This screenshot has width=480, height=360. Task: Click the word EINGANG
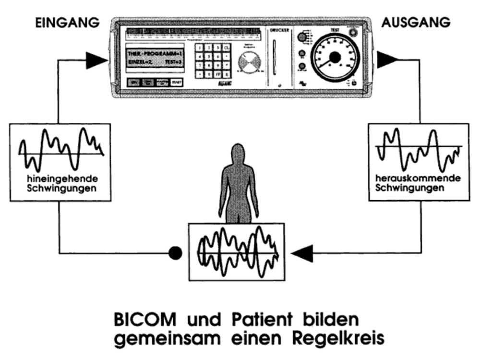click(x=68, y=23)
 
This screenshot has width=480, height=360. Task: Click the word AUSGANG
click(x=416, y=23)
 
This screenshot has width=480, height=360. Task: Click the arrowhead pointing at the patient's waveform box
click(x=302, y=253)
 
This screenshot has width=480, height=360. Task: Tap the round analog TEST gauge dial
click(x=335, y=57)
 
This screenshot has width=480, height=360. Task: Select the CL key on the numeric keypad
click(x=227, y=47)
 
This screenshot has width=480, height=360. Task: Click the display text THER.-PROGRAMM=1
click(x=155, y=52)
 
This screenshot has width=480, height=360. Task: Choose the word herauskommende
click(x=419, y=179)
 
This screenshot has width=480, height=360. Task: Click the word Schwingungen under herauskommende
click(x=408, y=188)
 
